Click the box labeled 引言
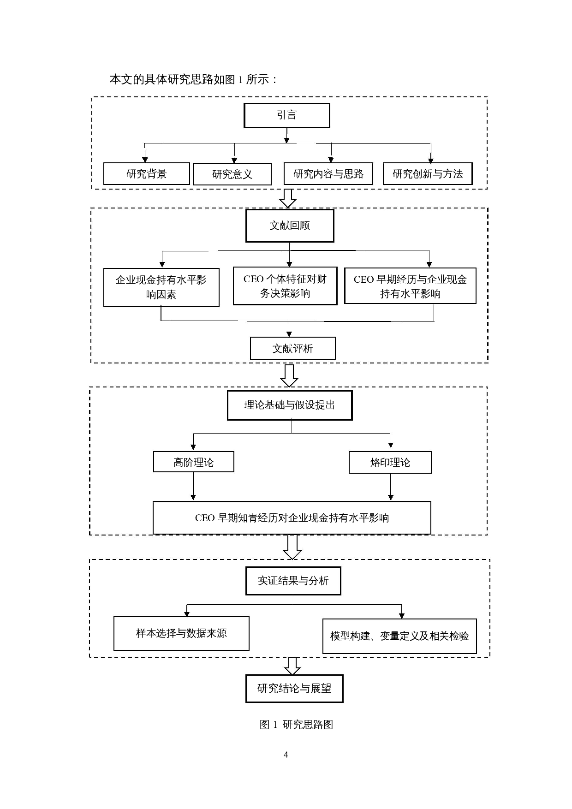(x=286, y=115)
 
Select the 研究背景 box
(x=146, y=174)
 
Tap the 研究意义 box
(x=232, y=174)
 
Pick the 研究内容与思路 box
(x=328, y=174)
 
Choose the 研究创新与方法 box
(x=428, y=174)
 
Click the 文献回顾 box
(x=290, y=226)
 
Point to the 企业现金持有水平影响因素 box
(x=161, y=287)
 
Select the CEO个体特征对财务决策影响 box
(x=285, y=286)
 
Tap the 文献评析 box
(x=292, y=349)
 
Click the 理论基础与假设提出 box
(x=290, y=405)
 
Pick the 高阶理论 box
(x=193, y=462)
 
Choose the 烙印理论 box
(x=390, y=463)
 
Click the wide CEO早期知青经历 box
(x=292, y=518)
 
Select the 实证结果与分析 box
(x=293, y=581)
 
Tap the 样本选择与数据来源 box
(x=181, y=633)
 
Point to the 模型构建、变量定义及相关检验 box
(x=399, y=636)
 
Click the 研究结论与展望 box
(x=294, y=689)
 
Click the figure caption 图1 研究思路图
(x=296, y=725)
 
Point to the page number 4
(x=286, y=755)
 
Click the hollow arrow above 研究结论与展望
(x=292, y=666)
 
